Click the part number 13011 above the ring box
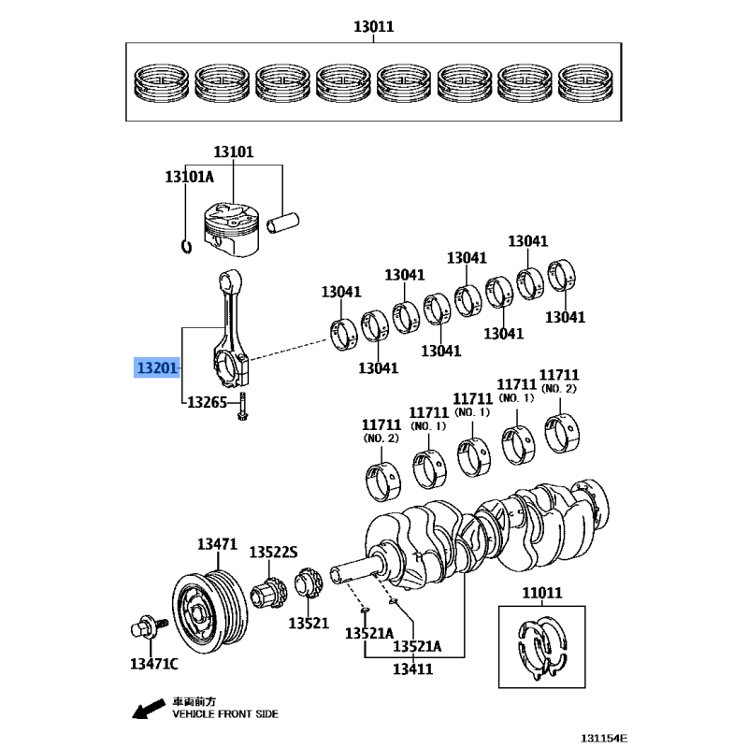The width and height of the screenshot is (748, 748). tap(373, 26)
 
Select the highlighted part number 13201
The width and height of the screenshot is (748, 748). tap(157, 367)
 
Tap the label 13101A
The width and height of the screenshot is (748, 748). tap(190, 177)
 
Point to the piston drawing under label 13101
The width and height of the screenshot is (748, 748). tap(231, 230)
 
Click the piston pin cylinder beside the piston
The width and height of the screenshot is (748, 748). tap(283, 223)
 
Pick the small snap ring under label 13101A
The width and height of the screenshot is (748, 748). tap(187, 247)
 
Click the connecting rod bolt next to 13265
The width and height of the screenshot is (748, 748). tap(242, 407)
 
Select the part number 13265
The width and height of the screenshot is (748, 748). tap(207, 403)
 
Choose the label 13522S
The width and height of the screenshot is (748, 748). tap(273, 553)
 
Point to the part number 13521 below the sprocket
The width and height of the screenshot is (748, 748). tap(309, 623)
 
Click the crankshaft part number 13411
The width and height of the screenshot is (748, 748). tap(412, 669)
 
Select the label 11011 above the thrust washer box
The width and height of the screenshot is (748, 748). tap(542, 593)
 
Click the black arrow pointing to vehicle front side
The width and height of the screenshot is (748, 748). tap(149, 709)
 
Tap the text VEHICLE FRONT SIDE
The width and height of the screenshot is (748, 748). tap(225, 714)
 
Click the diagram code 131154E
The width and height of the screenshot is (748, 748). tap(604, 739)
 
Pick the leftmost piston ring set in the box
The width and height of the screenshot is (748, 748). tap(161, 83)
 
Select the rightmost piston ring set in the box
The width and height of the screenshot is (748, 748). tap(585, 83)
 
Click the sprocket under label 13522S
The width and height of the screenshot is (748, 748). tap(269, 593)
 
